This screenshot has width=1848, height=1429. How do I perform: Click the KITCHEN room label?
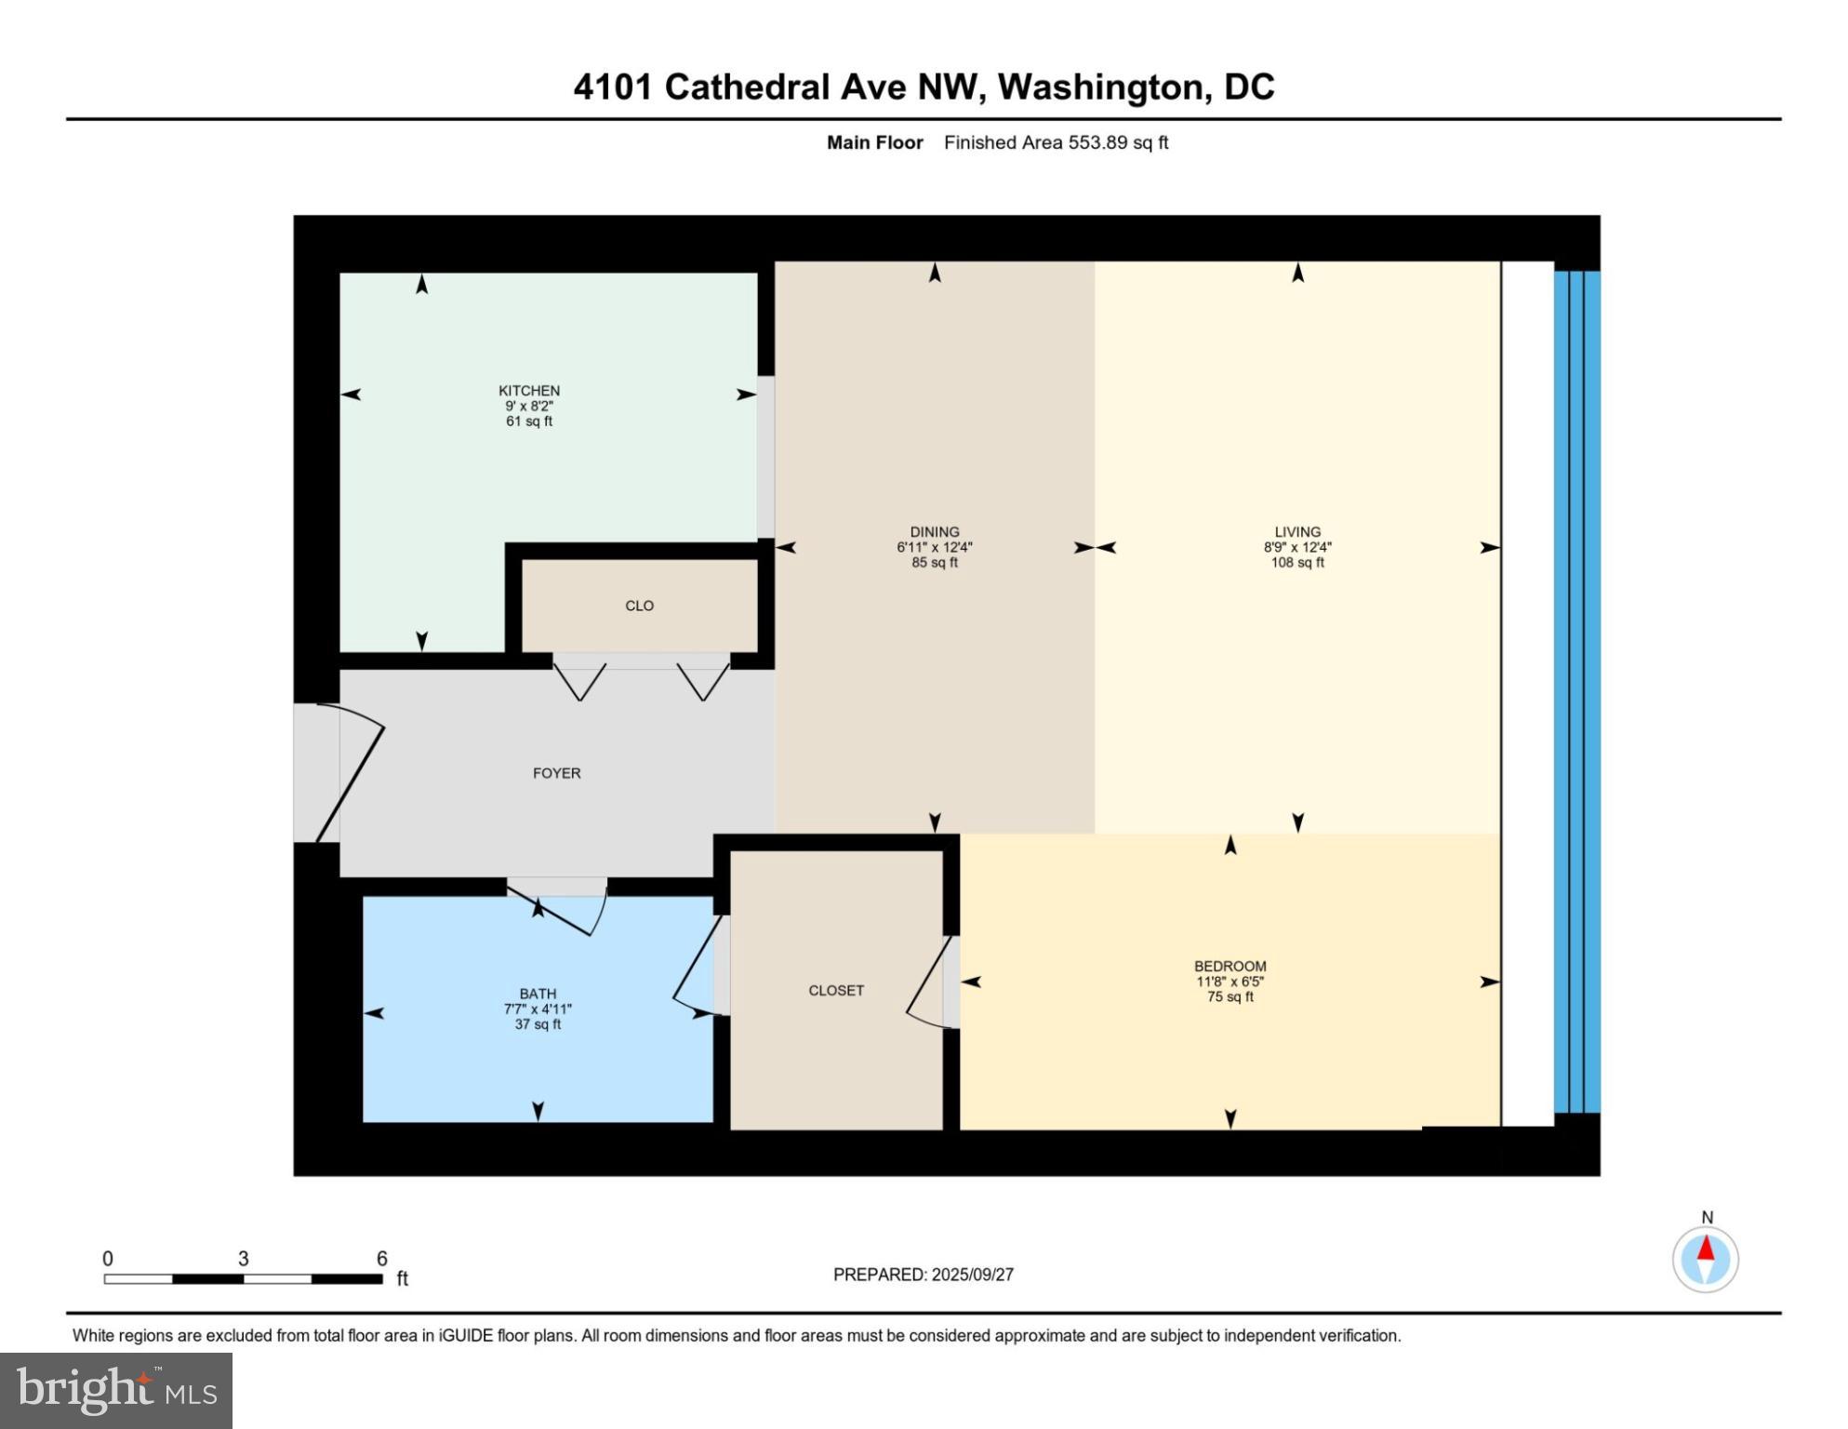click(x=529, y=391)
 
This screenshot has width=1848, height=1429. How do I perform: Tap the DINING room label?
click(x=935, y=533)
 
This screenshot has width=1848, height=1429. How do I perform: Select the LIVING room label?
click(x=1297, y=533)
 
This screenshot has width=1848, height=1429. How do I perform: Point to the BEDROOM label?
click(x=1230, y=967)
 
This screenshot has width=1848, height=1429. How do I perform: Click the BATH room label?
click(x=538, y=994)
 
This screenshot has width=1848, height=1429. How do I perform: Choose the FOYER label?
click(x=556, y=773)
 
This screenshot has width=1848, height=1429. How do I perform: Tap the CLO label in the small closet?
click(x=639, y=606)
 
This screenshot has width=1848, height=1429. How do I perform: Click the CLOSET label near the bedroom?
click(x=836, y=991)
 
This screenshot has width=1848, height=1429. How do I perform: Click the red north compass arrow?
click(x=1705, y=1248)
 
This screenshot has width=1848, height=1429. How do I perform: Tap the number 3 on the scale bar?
click(x=244, y=1259)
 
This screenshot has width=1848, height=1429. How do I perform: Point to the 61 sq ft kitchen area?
click(x=529, y=421)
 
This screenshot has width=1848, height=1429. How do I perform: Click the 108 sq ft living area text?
click(x=1297, y=563)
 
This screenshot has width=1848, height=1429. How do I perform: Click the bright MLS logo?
click(x=116, y=1391)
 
